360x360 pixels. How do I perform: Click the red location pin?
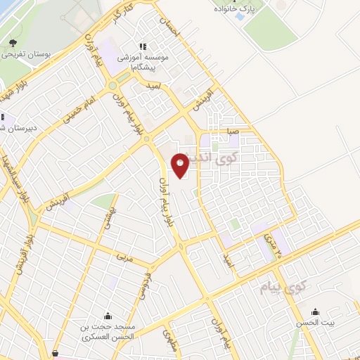click(180, 165)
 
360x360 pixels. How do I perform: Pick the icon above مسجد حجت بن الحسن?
click(108, 315)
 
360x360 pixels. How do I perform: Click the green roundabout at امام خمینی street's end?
click(112, 86)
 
